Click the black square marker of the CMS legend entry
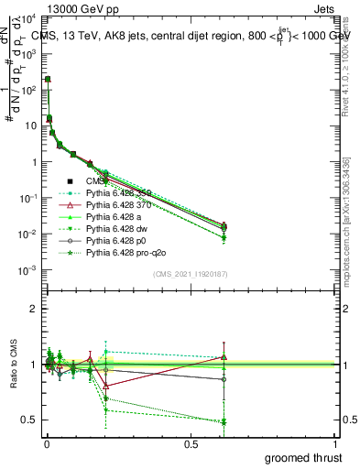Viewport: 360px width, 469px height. [71, 182]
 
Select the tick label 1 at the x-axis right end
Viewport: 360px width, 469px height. [336, 443]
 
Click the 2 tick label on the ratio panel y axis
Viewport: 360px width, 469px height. [33, 309]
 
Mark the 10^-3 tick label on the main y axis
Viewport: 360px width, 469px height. [26, 269]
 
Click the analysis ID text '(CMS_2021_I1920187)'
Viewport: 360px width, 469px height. [190, 275]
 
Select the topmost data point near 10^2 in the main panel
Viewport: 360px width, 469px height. [47, 80]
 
